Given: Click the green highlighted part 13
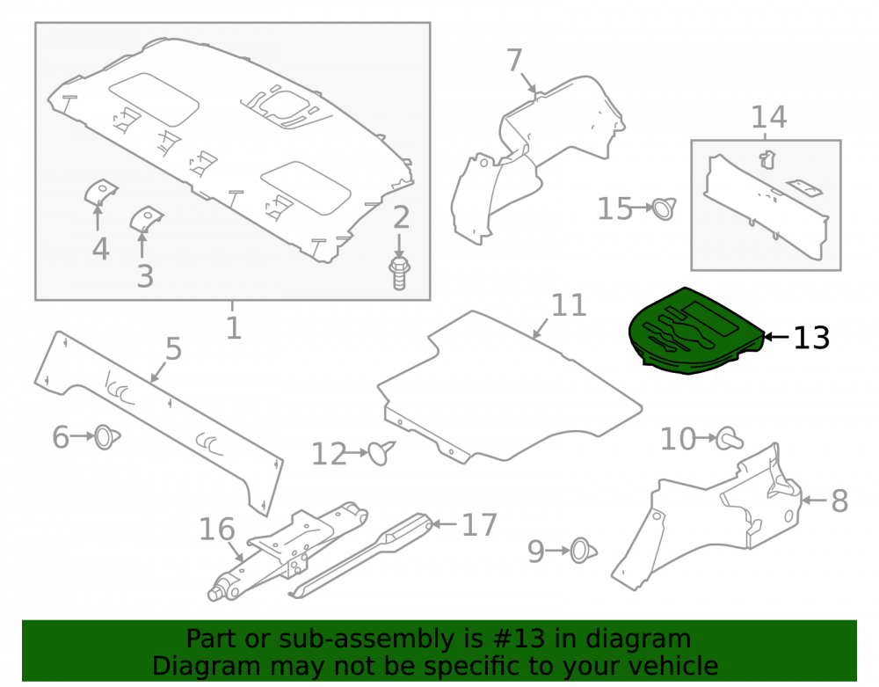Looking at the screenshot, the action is point(695,332).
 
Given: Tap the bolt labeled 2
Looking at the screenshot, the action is point(398,273).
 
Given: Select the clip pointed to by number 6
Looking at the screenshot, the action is point(106,437).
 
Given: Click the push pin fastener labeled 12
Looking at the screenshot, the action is point(381,453).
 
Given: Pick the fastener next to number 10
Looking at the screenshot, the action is point(729,439).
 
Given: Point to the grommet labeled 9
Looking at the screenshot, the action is point(583,552).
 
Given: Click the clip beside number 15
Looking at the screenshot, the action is point(665,208).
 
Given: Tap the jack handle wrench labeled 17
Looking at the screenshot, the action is point(361,555).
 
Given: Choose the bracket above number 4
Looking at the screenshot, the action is point(100,193).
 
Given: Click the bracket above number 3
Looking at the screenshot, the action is point(146,219).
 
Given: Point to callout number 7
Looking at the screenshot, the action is point(514,60).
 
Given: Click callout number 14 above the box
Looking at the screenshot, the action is point(768,117).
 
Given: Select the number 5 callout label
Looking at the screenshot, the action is point(173,349).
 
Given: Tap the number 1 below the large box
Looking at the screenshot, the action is point(233,327).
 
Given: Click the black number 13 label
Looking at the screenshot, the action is point(811,338).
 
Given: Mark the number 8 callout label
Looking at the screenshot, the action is point(839,501).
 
